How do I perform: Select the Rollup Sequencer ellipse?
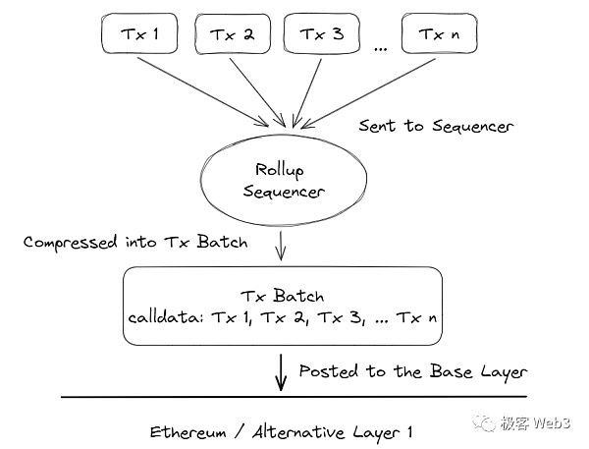282,181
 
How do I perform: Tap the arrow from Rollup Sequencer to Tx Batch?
282,246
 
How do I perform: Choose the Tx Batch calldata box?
282,307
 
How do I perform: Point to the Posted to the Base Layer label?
412,372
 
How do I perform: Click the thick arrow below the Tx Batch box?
282,372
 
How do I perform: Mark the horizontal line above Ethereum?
294,398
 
